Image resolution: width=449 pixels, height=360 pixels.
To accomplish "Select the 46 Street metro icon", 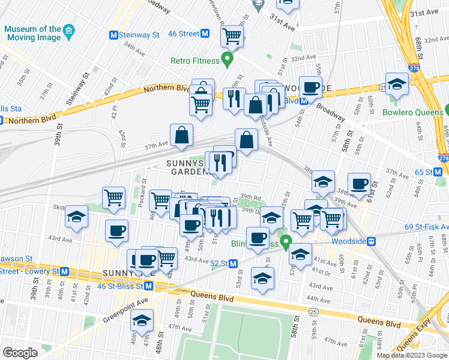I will click(x=205, y=34).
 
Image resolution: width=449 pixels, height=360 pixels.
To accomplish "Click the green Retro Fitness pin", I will click(x=227, y=59).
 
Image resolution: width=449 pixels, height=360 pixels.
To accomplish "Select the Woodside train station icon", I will click(x=372, y=241).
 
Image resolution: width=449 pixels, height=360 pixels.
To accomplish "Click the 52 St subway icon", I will click(x=234, y=263).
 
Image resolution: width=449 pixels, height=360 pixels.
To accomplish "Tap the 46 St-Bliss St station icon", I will click(x=148, y=286).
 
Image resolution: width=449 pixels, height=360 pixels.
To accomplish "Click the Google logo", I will click(x=20, y=353).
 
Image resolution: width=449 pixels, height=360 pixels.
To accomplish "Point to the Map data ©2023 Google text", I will click(x=412, y=355).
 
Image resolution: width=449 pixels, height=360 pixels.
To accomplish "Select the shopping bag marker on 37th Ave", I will click(x=181, y=136).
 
